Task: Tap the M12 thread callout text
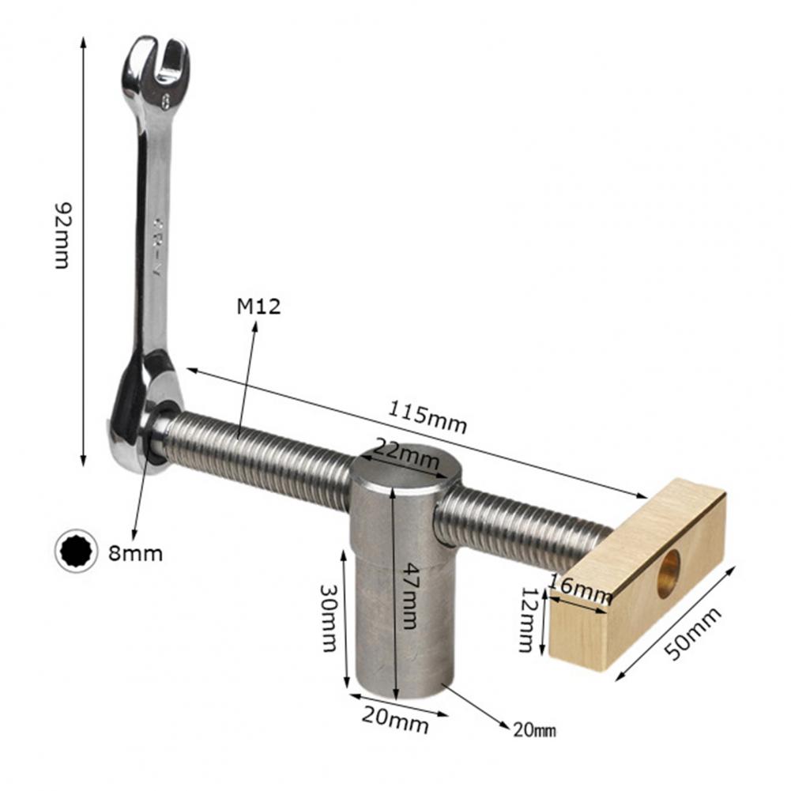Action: (x=258, y=307)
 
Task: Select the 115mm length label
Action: (x=427, y=416)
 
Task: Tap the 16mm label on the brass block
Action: (x=580, y=588)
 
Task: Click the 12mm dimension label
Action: (x=527, y=620)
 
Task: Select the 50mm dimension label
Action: (x=693, y=634)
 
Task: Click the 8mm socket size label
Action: (x=136, y=554)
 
